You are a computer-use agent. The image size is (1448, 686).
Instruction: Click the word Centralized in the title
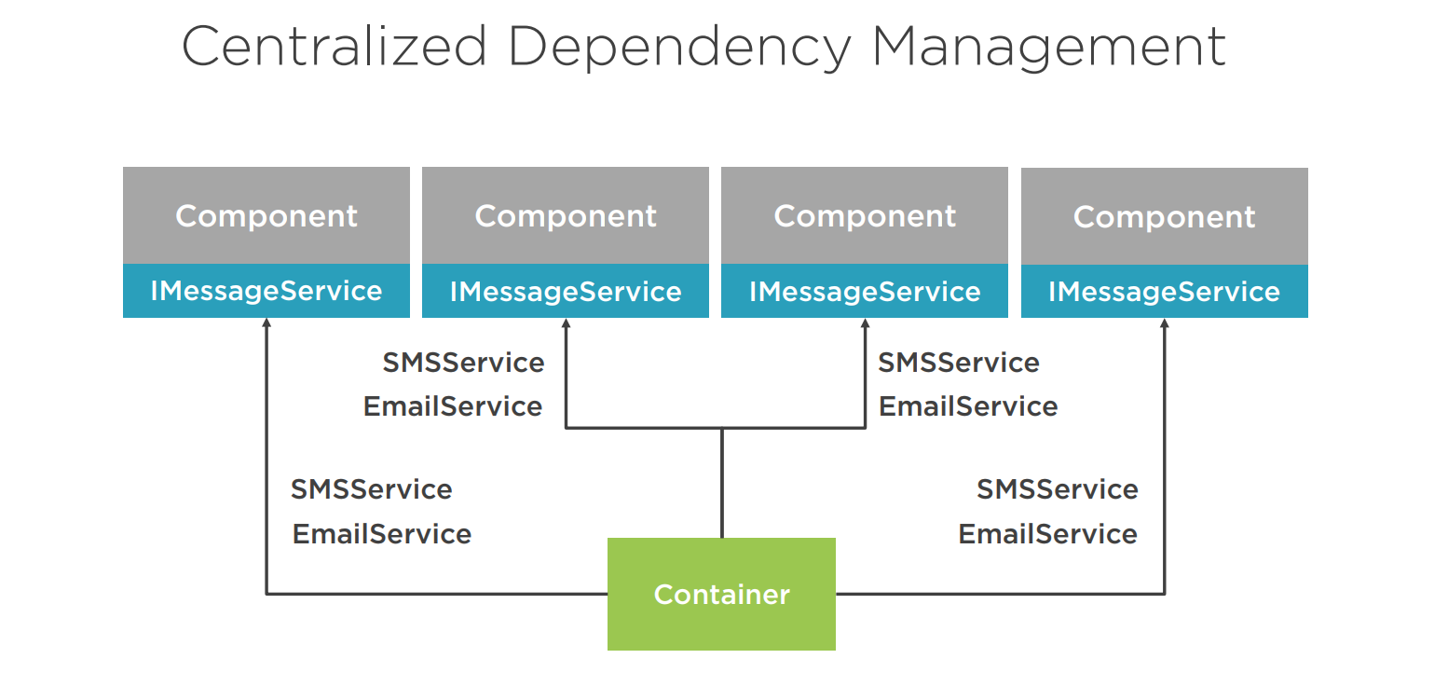click(335, 46)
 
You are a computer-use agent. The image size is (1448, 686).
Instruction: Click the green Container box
click(721, 594)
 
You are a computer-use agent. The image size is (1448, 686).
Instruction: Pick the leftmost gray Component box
click(266, 215)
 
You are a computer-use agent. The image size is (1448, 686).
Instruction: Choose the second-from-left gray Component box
click(566, 215)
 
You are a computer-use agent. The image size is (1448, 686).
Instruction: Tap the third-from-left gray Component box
click(865, 215)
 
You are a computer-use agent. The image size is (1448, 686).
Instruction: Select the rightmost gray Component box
click(1164, 216)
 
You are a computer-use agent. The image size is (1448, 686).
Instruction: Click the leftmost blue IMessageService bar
click(266, 291)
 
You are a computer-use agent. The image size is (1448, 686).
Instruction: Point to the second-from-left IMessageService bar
click(566, 291)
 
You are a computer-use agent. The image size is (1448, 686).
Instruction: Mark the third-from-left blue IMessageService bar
click(865, 291)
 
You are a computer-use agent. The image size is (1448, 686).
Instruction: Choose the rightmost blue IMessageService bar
click(1164, 292)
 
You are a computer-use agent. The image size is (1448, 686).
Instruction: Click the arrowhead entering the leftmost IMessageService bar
click(266, 323)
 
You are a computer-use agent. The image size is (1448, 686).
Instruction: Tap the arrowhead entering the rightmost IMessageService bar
click(1164, 323)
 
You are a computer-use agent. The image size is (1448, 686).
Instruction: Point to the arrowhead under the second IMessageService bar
click(566, 323)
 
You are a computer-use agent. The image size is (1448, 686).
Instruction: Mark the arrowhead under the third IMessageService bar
click(865, 323)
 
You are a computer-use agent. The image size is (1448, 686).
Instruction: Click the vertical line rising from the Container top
click(721, 483)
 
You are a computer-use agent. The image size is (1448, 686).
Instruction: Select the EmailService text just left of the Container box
click(382, 534)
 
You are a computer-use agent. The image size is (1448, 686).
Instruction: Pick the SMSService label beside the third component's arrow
click(959, 363)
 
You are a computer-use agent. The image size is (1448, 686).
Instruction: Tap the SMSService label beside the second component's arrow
click(463, 363)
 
